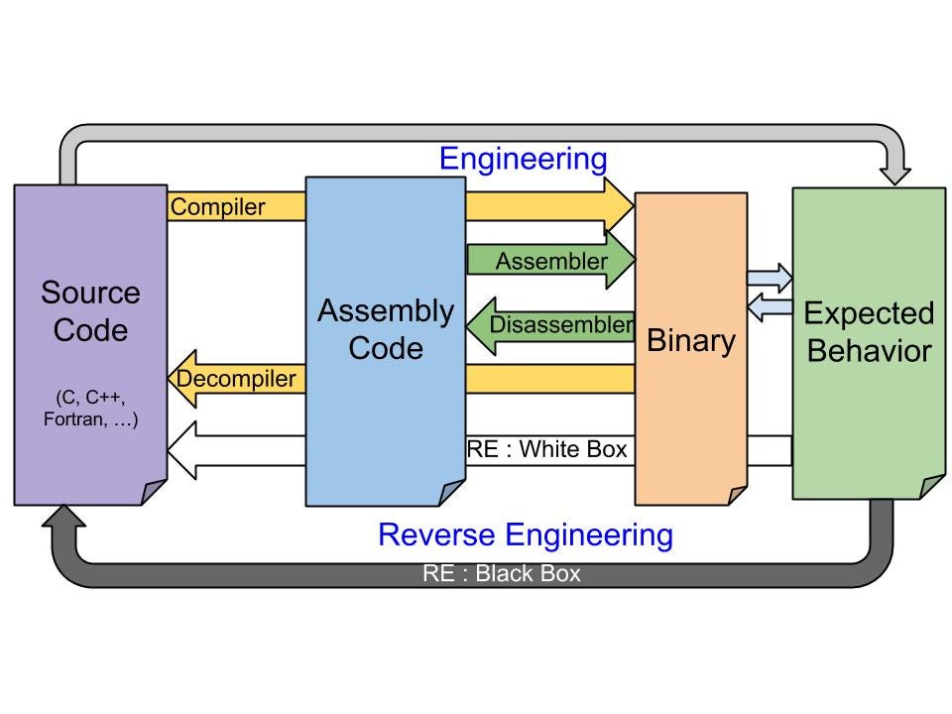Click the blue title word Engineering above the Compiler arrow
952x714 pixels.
click(x=524, y=160)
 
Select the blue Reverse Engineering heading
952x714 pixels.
click(x=526, y=535)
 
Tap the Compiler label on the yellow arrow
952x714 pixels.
click(x=217, y=207)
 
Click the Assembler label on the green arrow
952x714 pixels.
click(x=551, y=261)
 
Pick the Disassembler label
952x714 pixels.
click(x=561, y=324)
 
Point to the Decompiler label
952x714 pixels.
click(x=236, y=378)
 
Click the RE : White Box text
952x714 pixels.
click(x=546, y=449)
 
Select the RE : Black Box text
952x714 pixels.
click(x=502, y=573)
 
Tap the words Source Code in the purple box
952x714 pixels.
click(x=90, y=310)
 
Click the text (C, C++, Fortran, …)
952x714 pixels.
click(x=90, y=408)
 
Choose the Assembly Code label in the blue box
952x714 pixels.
click(x=386, y=329)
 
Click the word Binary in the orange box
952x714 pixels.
click(x=691, y=340)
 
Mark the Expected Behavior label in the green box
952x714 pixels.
click(x=869, y=332)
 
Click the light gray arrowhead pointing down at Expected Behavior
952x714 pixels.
click(x=894, y=172)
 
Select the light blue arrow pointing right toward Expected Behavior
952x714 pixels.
click(x=770, y=278)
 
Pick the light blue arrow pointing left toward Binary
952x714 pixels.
click(x=770, y=307)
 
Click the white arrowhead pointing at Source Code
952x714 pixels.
click(x=181, y=450)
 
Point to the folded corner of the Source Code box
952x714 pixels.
click(x=154, y=492)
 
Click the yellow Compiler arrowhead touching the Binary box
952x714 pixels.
click(x=619, y=206)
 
